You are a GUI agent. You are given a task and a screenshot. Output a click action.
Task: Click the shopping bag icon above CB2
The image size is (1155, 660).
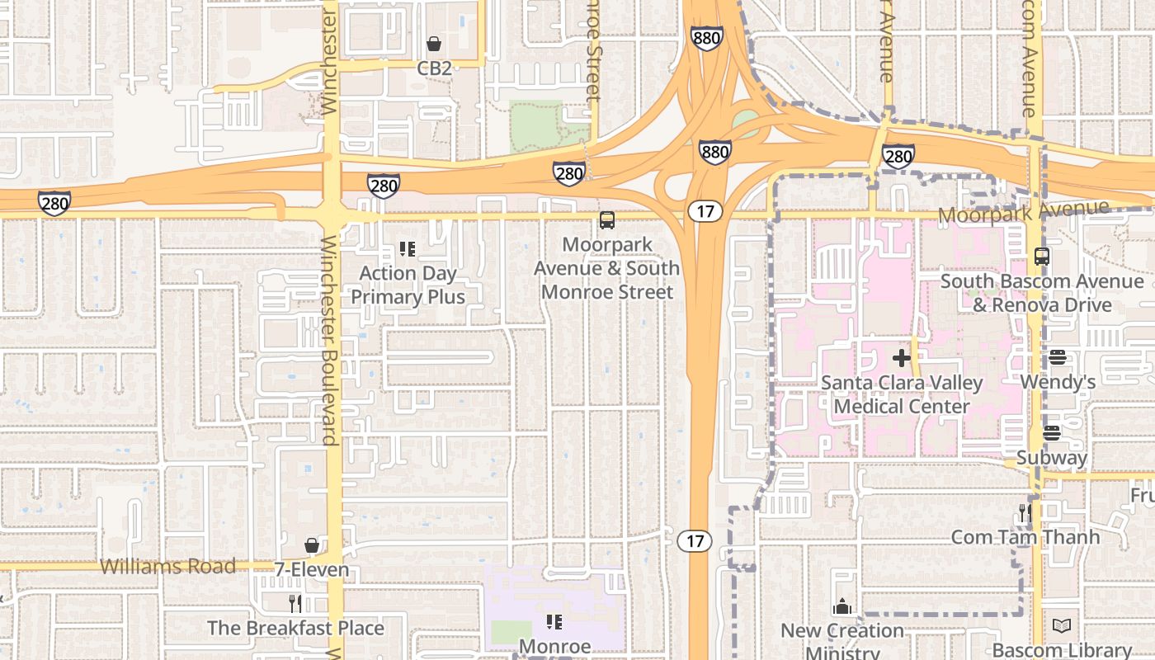point(434,44)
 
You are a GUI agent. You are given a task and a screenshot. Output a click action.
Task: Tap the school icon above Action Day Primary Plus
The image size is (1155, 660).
point(407,248)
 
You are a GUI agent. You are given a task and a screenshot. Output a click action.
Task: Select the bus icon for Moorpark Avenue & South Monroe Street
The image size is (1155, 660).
point(607,220)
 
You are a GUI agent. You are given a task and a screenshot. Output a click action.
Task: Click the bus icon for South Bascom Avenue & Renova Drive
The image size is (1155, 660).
point(1042,257)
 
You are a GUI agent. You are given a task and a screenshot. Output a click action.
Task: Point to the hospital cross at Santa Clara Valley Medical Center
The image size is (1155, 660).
point(902,358)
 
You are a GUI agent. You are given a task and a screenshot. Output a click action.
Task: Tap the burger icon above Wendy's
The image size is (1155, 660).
point(1058,358)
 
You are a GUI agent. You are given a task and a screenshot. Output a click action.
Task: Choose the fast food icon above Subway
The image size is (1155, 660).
point(1052,433)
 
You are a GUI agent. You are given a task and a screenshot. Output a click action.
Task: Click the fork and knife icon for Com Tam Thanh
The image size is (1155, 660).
point(1025,513)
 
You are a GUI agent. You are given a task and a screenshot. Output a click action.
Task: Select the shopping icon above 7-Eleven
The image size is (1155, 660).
point(312,545)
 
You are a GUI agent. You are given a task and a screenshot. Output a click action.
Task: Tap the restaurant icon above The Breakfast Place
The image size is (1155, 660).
point(295,604)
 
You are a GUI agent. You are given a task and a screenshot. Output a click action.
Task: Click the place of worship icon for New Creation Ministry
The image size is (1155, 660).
point(842,606)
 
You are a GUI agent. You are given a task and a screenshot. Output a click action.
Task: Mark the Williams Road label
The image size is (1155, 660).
point(167,566)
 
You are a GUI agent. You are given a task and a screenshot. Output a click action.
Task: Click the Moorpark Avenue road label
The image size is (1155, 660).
point(1023,213)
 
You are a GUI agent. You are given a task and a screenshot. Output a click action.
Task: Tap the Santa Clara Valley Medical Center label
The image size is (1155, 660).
point(902,394)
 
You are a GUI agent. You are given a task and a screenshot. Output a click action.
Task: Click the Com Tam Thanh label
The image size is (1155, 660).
point(1025,537)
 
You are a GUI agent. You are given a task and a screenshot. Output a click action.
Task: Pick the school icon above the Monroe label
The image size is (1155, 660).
point(554,621)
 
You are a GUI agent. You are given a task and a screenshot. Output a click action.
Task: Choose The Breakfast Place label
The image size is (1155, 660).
point(295,628)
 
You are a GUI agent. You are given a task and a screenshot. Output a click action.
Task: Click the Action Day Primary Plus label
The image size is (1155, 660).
point(408,285)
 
